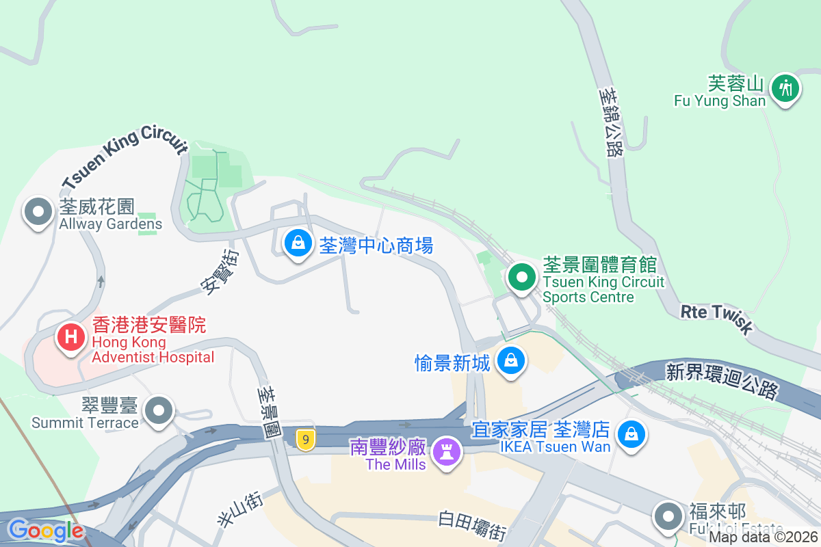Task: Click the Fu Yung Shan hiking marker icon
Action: (785, 88)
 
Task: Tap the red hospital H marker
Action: (70, 336)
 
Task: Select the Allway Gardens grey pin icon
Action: (38, 212)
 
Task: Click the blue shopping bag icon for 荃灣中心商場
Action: (298, 242)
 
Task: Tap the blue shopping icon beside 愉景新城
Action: (510, 359)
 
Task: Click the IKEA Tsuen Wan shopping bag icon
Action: (631, 433)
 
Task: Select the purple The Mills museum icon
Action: (447, 451)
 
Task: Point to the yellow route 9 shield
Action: (306, 439)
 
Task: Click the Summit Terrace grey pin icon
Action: (160, 410)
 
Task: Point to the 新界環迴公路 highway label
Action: (722, 380)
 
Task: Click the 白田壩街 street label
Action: (472, 526)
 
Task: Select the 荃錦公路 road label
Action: (610, 121)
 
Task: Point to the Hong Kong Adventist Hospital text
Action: (153, 349)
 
